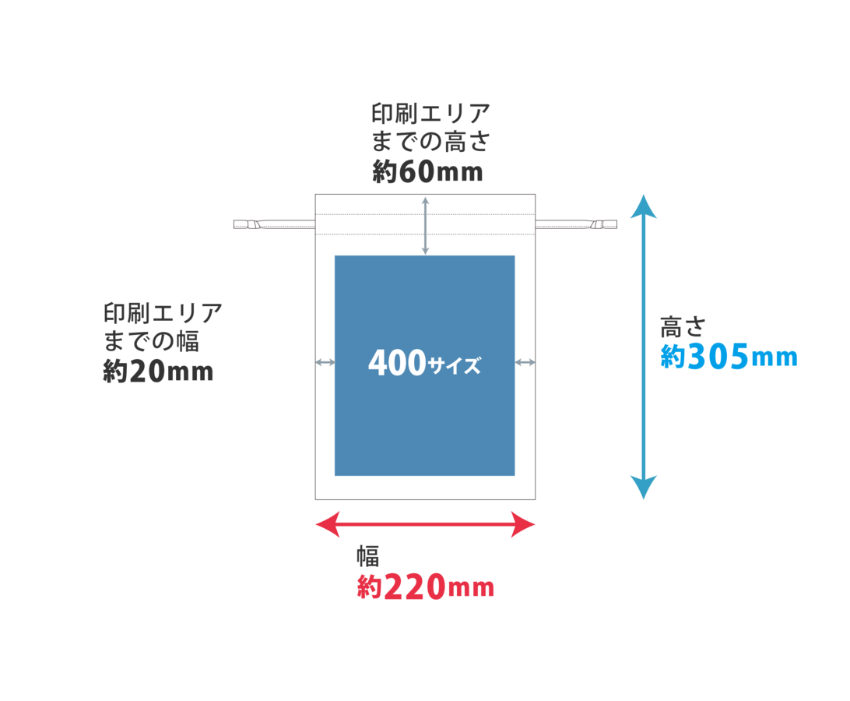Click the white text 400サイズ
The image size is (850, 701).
coord(424,364)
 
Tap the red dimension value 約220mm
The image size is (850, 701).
coord(425,587)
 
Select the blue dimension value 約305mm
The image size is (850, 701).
coord(729,358)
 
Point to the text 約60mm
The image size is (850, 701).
coord(427,172)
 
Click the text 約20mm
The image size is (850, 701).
coord(158,372)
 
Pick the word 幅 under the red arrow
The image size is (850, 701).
coord(367,555)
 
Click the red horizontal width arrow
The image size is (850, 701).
coord(425,524)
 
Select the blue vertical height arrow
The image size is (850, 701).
coord(643,347)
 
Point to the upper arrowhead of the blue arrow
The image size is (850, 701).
coord(643,206)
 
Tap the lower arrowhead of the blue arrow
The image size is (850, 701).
coord(643,488)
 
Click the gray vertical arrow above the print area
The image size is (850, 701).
coord(425,225)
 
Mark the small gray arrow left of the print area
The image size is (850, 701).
coord(324,362)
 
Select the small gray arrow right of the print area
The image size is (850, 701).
coord(526,362)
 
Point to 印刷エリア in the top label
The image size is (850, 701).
coord(430,114)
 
